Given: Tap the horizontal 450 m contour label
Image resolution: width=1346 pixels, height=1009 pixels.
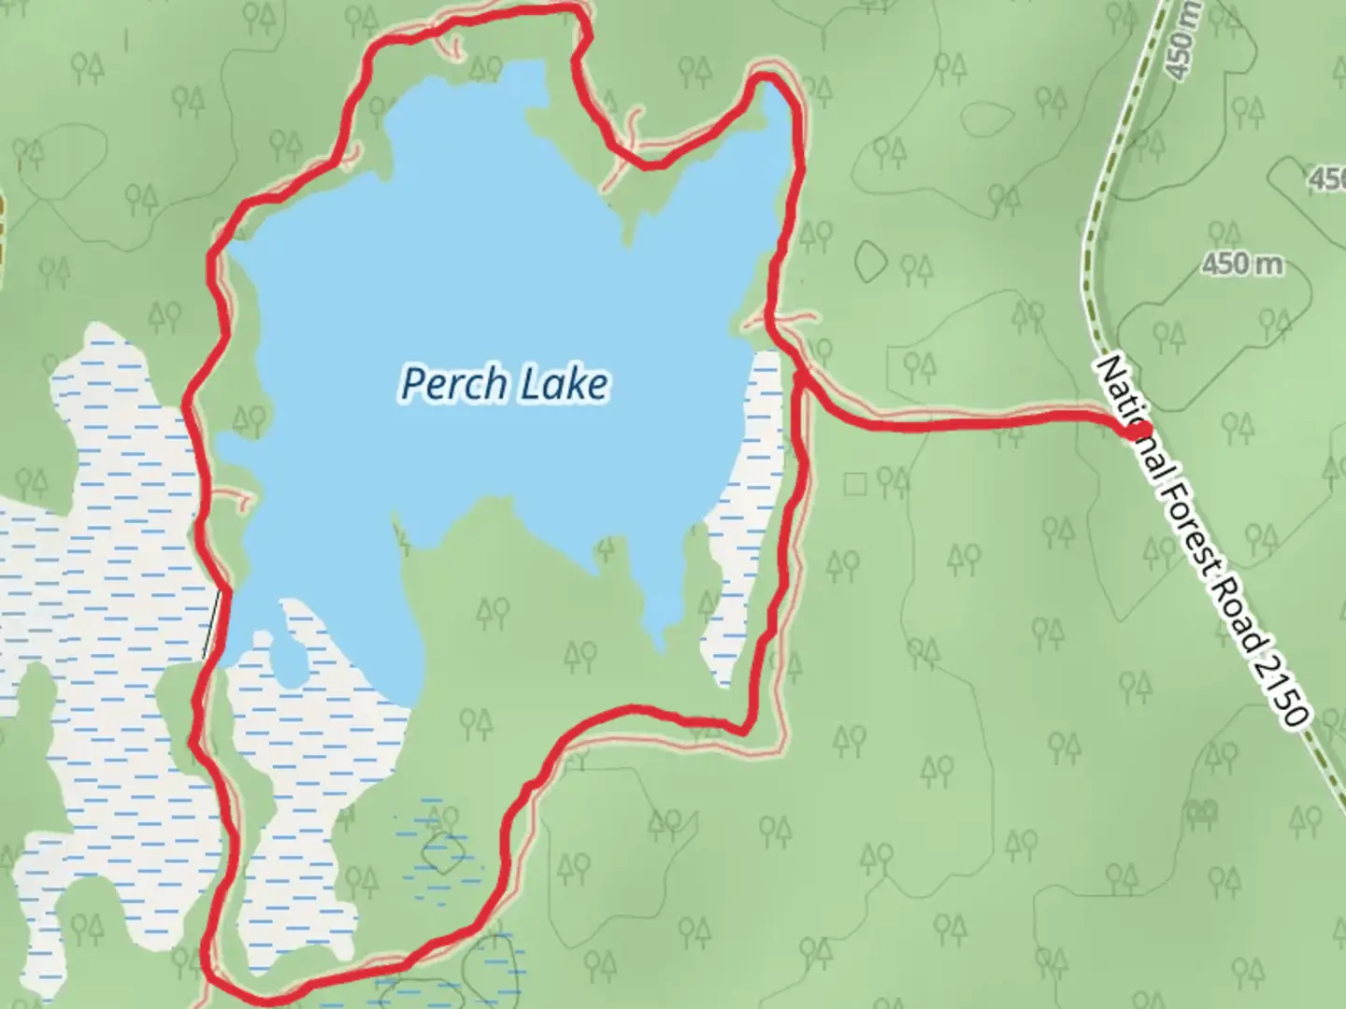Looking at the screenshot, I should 1242,264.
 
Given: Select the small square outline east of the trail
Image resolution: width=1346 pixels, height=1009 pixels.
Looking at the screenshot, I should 854,483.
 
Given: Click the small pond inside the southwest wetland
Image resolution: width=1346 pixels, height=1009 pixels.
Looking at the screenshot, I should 290,657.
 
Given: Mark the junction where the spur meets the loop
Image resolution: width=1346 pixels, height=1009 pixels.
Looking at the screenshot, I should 801,377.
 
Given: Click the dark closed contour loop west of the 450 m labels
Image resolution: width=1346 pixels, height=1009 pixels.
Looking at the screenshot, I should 871,261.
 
